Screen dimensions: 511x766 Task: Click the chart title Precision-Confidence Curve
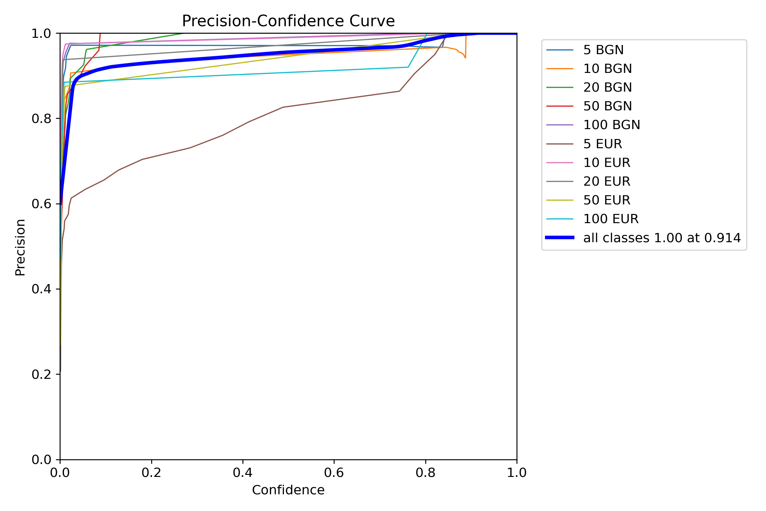pos(288,21)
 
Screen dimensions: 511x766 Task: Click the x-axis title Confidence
pos(288,490)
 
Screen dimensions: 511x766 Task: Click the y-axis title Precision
pos(20,247)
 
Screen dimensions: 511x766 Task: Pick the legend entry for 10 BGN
pos(607,69)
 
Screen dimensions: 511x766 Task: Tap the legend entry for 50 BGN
pos(607,106)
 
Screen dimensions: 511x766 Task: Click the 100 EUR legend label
pos(611,219)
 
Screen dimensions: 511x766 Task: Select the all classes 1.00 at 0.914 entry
pos(662,238)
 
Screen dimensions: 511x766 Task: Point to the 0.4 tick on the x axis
pos(243,473)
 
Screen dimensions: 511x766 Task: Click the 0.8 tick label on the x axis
pos(425,473)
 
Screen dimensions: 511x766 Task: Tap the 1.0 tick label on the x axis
pos(516,473)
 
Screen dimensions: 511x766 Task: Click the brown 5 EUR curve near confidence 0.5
pos(288,106)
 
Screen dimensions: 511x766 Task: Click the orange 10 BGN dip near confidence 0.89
pos(465,57)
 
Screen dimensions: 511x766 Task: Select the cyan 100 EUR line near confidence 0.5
pos(288,72)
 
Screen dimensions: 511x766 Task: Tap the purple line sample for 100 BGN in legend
pos(560,125)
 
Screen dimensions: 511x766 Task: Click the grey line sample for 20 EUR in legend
pos(560,181)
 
